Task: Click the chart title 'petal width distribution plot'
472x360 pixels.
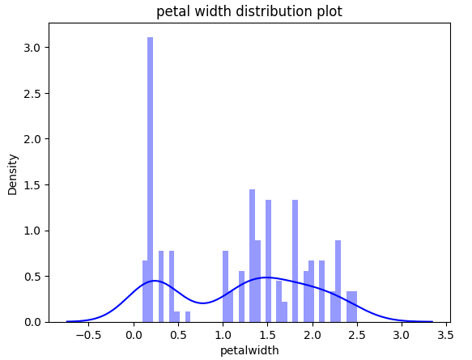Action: coord(249,11)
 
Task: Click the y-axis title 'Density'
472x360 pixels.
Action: coord(13,175)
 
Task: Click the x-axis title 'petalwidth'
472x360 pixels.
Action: coord(249,350)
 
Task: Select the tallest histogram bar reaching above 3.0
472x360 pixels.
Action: coord(151,180)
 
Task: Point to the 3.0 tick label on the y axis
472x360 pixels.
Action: coord(32,48)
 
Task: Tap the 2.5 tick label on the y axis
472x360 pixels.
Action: coord(32,94)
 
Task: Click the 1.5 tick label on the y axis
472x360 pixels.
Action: coord(32,185)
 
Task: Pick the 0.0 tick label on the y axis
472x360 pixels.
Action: coord(32,322)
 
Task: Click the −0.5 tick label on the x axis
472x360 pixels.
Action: coord(88,335)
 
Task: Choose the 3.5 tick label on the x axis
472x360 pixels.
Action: coord(446,335)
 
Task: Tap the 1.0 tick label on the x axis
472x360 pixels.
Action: coord(223,335)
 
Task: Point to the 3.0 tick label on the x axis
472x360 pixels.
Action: coord(402,335)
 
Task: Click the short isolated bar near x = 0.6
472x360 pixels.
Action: coord(188,316)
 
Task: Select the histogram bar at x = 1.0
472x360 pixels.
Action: coord(225,286)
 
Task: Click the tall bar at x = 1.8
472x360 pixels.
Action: coord(295,261)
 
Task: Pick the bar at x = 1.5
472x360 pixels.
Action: coord(268,261)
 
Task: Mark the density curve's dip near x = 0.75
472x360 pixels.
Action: coord(202,303)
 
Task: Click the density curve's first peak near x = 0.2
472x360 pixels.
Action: coord(154,281)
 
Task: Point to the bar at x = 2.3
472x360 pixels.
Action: coord(338,282)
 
